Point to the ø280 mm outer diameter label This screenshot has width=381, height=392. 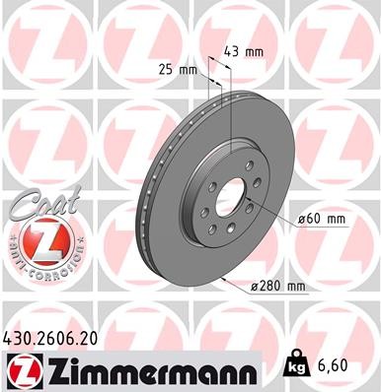point(279,286)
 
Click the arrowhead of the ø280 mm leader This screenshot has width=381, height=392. point(227,279)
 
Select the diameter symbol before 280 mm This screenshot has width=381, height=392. point(255,287)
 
